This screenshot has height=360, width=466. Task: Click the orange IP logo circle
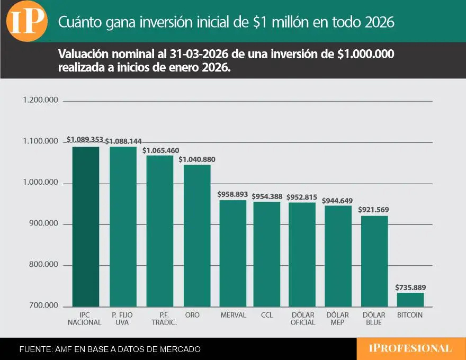point(26,22)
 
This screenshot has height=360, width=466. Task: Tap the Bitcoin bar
point(410,300)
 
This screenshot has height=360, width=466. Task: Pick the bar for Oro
point(197,236)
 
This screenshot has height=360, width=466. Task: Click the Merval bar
point(233,254)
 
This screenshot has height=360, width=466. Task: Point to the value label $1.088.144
point(123,141)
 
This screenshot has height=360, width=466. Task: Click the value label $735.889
point(410,287)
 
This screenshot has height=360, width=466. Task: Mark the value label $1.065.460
point(160,150)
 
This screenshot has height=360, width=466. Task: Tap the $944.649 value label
point(338,201)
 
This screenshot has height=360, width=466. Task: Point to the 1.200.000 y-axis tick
point(40,101)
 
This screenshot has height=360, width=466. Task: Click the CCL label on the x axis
point(267,315)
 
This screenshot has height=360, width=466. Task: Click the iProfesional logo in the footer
point(410,348)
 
